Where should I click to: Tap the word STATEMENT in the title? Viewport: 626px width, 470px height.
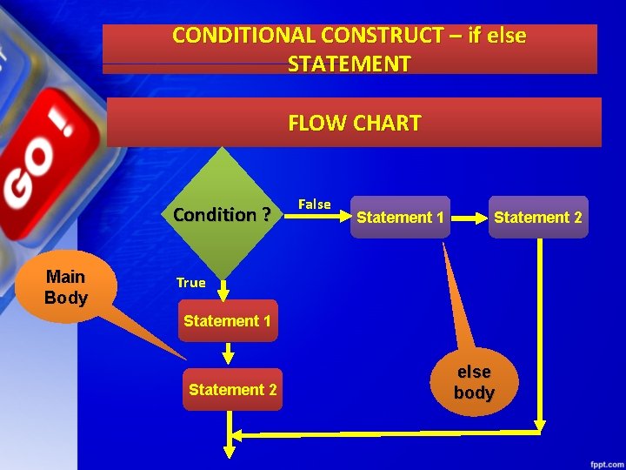(349, 64)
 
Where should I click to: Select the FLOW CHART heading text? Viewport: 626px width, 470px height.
(354, 123)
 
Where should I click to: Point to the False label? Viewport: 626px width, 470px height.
(314, 205)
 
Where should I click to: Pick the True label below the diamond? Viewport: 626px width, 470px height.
(190, 282)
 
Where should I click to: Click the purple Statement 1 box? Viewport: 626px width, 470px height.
(401, 218)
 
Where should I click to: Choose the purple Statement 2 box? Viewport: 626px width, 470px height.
(537, 218)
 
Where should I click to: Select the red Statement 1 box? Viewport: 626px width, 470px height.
(227, 321)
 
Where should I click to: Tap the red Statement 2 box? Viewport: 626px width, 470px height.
(232, 390)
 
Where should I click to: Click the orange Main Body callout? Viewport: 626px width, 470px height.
(66, 287)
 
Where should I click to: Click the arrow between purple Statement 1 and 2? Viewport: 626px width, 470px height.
(470, 218)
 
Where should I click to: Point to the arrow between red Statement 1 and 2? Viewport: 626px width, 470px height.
(228, 354)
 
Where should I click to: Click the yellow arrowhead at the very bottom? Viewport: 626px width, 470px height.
(230, 451)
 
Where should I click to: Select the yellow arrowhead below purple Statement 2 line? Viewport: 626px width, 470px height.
(539, 426)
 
